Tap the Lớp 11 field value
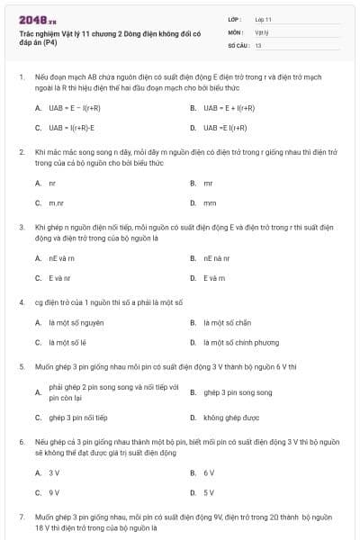point(264,18)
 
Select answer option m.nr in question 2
point(57,203)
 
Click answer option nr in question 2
point(52,183)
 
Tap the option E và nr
point(58,278)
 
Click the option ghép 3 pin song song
point(238,392)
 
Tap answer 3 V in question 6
point(54,472)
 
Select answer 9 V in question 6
point(54,493)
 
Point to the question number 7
point(22,517)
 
